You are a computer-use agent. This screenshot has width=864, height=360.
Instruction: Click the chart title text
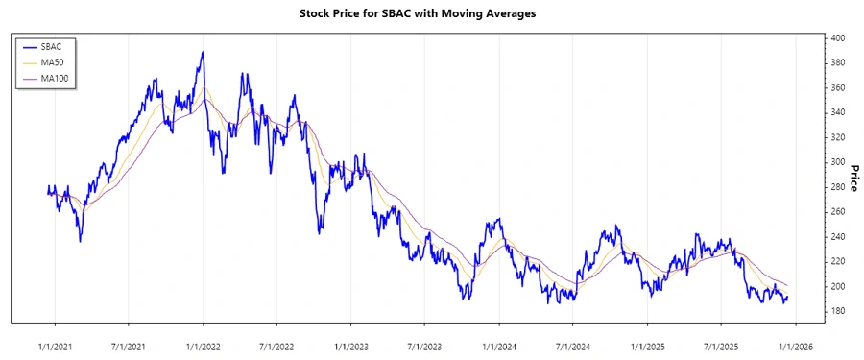(431, 14)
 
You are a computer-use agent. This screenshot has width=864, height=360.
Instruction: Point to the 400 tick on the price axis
(838, 38)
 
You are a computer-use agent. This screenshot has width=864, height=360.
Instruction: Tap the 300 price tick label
(838, 162)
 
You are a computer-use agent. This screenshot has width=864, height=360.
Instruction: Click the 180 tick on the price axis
(838, 311)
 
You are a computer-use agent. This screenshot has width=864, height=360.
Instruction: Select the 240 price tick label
(838, 237)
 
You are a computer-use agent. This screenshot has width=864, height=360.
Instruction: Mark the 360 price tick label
(838, 88)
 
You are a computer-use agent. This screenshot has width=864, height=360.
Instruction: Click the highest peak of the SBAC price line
(203, 52)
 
